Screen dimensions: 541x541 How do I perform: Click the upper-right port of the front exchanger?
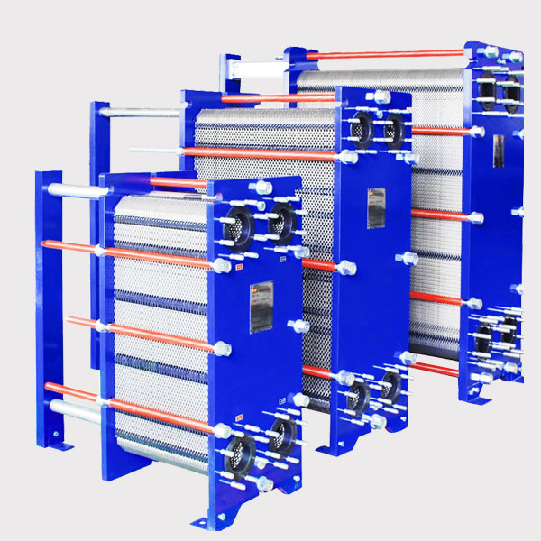(x=280, y=216)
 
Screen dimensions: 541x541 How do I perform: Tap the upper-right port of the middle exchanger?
(x=392, y=130)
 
